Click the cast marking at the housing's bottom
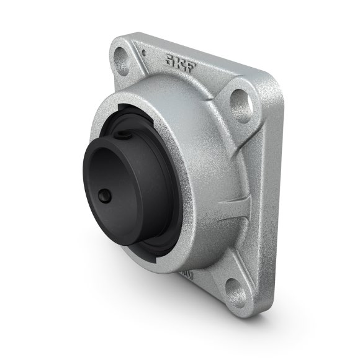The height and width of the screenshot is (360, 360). pyautogui.click(x=186, y=273)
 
